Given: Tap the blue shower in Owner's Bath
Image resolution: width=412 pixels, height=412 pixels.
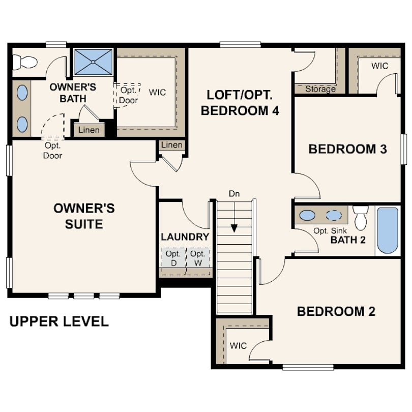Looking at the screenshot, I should point(94,62).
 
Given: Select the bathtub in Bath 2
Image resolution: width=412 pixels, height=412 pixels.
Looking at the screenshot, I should point(387,230).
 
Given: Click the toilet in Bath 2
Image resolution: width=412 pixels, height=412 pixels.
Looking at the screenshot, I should point(360,218).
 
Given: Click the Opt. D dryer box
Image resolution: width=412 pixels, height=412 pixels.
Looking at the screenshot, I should point(173,257).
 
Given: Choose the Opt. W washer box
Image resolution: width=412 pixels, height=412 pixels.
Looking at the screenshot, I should point(198,257).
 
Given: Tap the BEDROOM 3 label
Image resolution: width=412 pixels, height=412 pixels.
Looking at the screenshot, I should point(348,149).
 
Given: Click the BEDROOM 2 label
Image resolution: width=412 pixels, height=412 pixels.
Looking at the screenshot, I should point(336,311).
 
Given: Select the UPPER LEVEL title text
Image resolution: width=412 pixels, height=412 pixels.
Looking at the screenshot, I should point(59,321).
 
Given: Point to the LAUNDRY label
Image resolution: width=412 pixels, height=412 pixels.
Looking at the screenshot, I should point(185,237).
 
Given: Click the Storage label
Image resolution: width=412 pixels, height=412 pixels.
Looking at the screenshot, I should point(320,89).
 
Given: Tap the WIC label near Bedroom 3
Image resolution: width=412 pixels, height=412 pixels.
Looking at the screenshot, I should point(379,66).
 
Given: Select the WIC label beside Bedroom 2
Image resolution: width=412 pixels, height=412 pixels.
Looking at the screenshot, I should point(238,346).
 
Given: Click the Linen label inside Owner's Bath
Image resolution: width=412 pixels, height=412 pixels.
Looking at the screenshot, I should point(89,130).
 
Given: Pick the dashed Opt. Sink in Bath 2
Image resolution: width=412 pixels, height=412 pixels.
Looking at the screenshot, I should point(334,215).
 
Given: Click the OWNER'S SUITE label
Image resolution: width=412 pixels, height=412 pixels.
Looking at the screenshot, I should point(84,216).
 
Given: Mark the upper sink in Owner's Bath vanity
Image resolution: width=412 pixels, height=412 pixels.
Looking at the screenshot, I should point(22,93).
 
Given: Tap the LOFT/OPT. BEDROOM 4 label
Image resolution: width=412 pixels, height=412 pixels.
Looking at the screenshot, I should point(240,103).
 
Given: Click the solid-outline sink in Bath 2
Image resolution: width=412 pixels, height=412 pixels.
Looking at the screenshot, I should point(307,215).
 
